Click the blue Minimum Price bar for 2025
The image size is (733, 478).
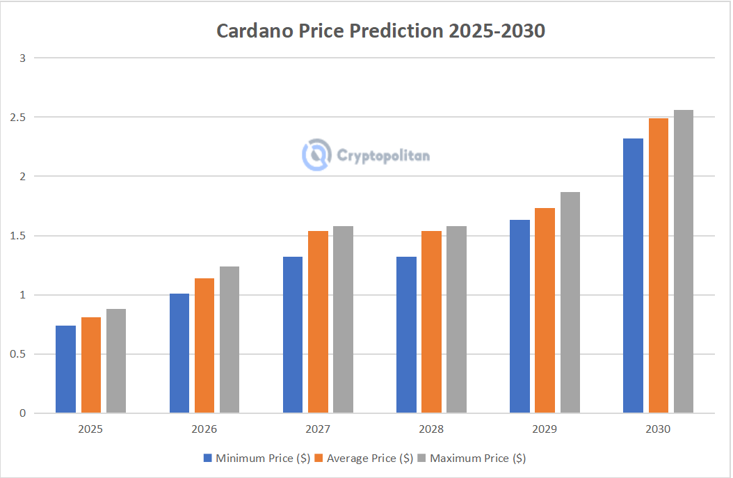click(65, 369)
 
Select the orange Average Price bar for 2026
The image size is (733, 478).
click(204, 346)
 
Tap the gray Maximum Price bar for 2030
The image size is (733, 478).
click(683, 262)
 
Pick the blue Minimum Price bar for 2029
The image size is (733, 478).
click(519, 317)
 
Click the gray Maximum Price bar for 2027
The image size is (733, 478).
click(343, 319)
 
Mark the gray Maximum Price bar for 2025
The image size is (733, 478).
click(116, 361)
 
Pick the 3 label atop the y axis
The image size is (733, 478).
click(22, 58)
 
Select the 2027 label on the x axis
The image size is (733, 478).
click(317, 429)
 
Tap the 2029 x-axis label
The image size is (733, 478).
click(545, 429)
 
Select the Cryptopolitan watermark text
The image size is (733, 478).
click(383, 155)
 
